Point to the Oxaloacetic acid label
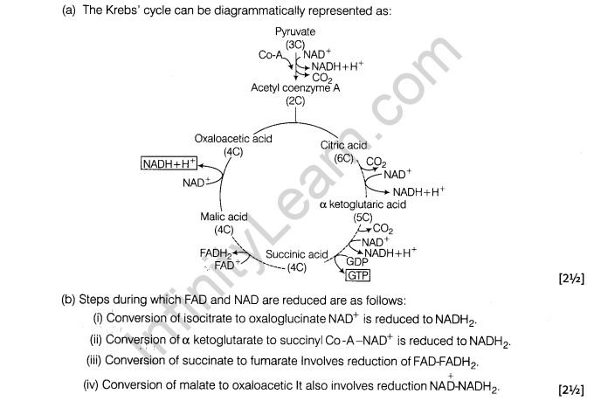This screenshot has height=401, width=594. [x=233, y=138]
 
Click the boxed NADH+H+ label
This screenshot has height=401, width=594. [x=169, y=163]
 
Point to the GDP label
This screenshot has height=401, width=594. [x=356, y=261]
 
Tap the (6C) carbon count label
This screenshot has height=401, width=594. [x=344, y=157]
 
